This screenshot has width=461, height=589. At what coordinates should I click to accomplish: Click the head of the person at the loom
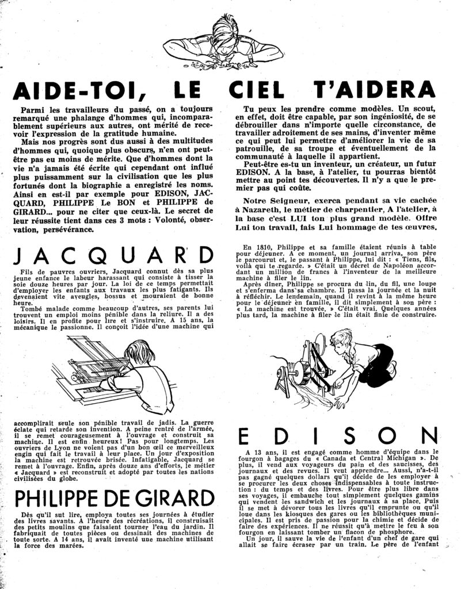[x=134, y=351]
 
